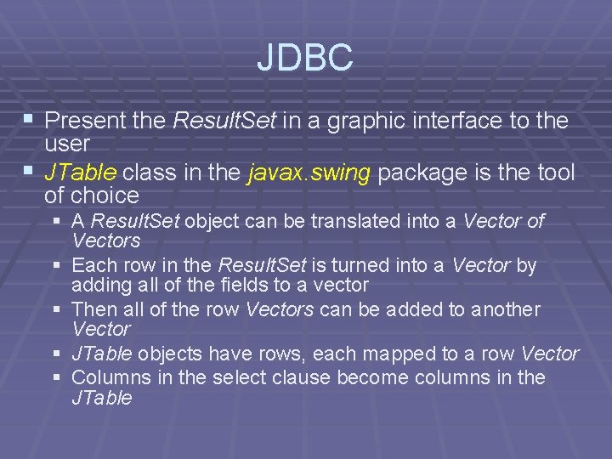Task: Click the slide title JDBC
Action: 305,58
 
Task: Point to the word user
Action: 67,143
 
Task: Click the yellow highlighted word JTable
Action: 81,173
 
